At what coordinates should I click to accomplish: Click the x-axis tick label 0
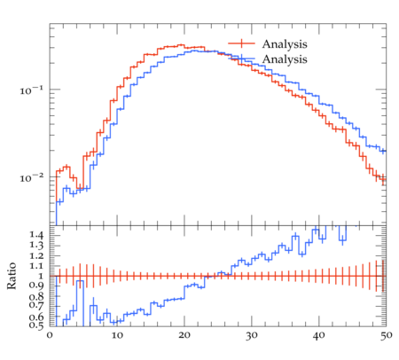[50, 335]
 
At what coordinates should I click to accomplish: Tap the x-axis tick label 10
[117, 335]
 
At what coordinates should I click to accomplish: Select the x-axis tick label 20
[184, 335]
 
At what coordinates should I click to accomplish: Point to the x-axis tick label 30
[252, 335]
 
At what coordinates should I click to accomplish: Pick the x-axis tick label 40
[319, 335]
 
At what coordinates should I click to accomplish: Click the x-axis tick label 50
[387, 335]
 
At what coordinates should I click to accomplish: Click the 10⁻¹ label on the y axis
[32, 90]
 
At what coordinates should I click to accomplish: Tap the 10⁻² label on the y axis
[32, 177]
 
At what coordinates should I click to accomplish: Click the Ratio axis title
[12, 276]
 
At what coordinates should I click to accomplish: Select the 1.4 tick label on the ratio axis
[36, 236]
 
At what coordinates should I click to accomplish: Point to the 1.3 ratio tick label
[36, 246]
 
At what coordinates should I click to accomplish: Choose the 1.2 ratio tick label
[36, 256]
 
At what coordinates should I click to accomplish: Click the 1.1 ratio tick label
[36, 266]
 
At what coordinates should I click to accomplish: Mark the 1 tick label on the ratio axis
[41, 276]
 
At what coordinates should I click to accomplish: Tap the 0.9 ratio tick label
[36, 286]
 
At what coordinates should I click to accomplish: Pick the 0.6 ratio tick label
[36, 317]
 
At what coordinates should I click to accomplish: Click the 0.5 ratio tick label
[36, 325]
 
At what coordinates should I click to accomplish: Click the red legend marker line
[241, 43]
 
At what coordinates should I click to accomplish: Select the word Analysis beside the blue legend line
[285, 59]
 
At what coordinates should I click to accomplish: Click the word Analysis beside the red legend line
[285, 44]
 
